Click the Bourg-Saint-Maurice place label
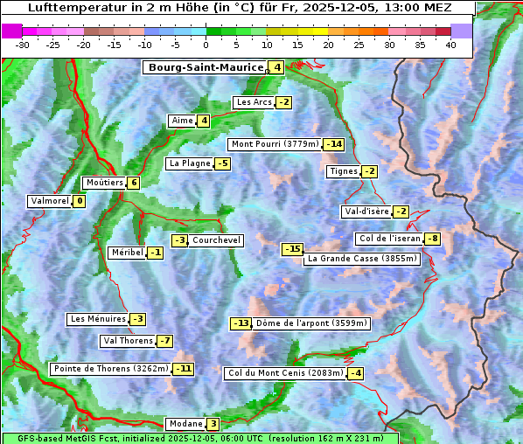pos(206,67)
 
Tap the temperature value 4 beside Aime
pos(204,121)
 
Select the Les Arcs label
pos(254,102)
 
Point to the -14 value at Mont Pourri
pos(334,144)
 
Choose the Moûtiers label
pos(104,183)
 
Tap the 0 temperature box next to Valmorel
pos(80,201)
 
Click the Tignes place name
pos(343,171)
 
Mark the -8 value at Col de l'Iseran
pos(432,239)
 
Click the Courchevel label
pos(216,240)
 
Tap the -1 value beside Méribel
pos(155,253)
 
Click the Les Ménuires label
pos(97,319)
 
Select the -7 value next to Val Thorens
pos(164,341)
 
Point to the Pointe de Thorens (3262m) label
pos(111,369)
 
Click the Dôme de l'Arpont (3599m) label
pos(311,323)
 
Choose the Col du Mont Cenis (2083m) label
pos(284,373)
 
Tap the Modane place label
pos(185,424)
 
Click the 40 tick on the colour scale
pos(450,45)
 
